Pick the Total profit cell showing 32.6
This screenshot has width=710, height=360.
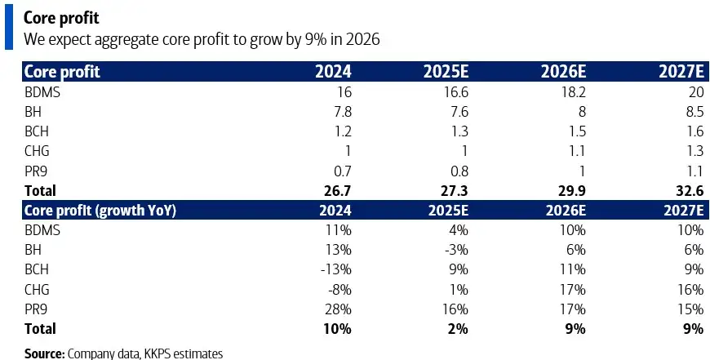[687, 191]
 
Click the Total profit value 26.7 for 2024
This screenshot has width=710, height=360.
[337, 191]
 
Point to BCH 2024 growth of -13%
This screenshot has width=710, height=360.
[335, 269]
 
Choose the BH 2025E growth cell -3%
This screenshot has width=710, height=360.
[455, 250]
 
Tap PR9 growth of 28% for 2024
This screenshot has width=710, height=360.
[337, 309]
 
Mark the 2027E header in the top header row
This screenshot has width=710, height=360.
[681, 71]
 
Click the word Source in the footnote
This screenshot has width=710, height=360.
[44, 353]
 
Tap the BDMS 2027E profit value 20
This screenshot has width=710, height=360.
[694, 92]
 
